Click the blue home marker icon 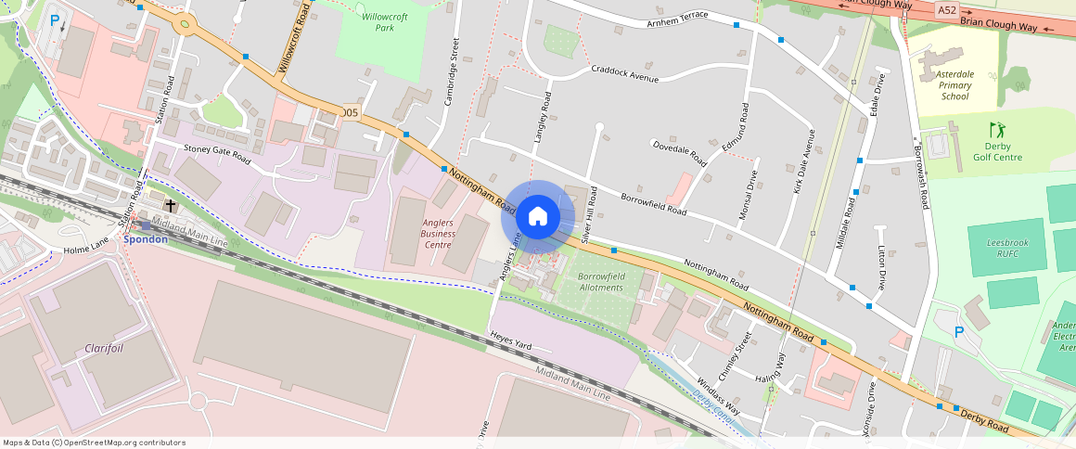click(x=537, y=217)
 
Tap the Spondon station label click(x=146, y=239)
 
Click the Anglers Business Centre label click(x=437, y=234)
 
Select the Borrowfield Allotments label click(x=600, y=282)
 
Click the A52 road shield click(x=946, y=9)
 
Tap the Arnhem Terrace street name click(x=677, y=16)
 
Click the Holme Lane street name click(x=87, y=249)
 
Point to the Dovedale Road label click(x=680, y=153)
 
